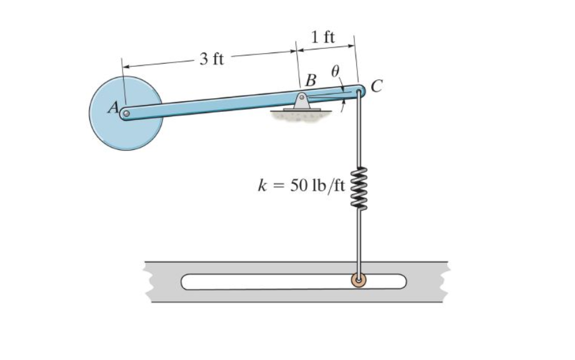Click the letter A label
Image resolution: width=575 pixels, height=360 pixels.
click(113, 107)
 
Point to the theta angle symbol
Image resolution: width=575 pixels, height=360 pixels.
click(336, 72)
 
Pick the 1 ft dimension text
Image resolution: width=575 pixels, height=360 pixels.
click(322, 37)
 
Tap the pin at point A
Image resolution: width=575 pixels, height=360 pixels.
click(126, 114)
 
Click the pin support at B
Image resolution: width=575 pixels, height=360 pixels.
click(302, 99)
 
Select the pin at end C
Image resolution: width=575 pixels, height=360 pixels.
click(359, 91)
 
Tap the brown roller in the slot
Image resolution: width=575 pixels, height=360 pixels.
click(358, 281)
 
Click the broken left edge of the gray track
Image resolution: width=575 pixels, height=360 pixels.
click(149, 282)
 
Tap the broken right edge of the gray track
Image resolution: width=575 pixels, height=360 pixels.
click(445, 281)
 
